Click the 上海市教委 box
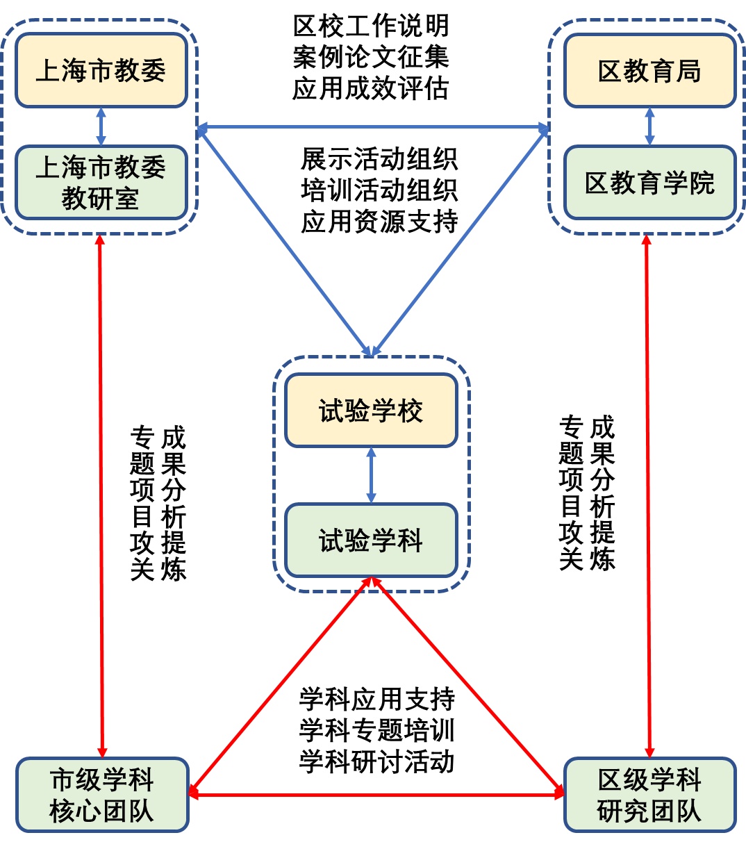pos(101,70)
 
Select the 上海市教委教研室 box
pos(101,183)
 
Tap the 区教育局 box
pos(649,70)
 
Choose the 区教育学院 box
pos(649,183)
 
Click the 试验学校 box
pos(371,411)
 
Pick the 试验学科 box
pos(371,540)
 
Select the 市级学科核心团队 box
pos(102,795)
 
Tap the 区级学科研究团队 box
pos(649,795)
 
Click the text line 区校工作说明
pos(371,26)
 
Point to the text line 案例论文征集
pos(371,57)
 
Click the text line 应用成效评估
pos(371,88)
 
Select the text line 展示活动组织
pos(379,159)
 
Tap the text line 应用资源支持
pos(379,221)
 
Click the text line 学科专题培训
pos(377,730)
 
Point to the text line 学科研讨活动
pos(377,761)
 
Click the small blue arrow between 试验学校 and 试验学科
pos(371,475)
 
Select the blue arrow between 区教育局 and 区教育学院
pos(649,126)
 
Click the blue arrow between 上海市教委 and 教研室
pos(101,126)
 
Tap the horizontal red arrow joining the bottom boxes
pos(376,794)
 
